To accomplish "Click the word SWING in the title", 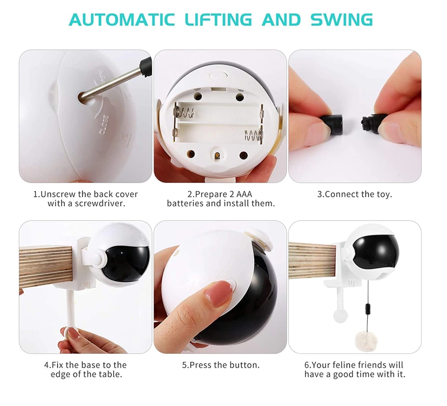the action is click(x=341, y=20).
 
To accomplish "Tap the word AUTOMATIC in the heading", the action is click(x=122, y=20).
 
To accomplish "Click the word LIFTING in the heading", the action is click(x=218, y=20).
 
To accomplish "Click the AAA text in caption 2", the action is click(x=244, y=194).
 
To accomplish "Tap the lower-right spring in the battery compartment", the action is click(x=253, y=134).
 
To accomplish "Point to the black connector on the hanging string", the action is click(x=368, y=309).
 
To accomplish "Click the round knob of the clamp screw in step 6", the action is click(x=340, y=316).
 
